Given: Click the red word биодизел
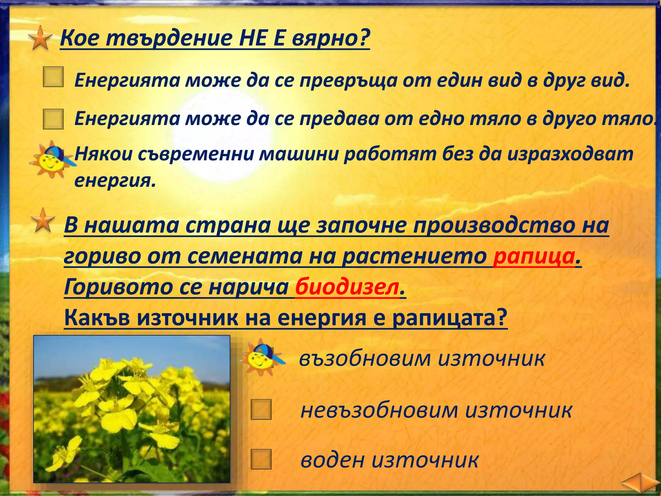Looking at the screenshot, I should [x=347, y=287].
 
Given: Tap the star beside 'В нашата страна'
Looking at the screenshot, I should [x=43, y=220].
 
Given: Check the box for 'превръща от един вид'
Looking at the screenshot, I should [x=53, y=77].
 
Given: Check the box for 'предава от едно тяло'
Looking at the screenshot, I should [x=53, y=119].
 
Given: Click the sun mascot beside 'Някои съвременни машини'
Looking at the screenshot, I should [x=52, y=159].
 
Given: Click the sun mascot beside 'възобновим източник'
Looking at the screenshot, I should [x=261, y=357].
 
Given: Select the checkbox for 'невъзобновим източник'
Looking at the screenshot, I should [x=261, y=409].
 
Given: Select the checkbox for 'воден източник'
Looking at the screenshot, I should [x=261, y=459].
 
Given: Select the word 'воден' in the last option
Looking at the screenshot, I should [x=332, y=460].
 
